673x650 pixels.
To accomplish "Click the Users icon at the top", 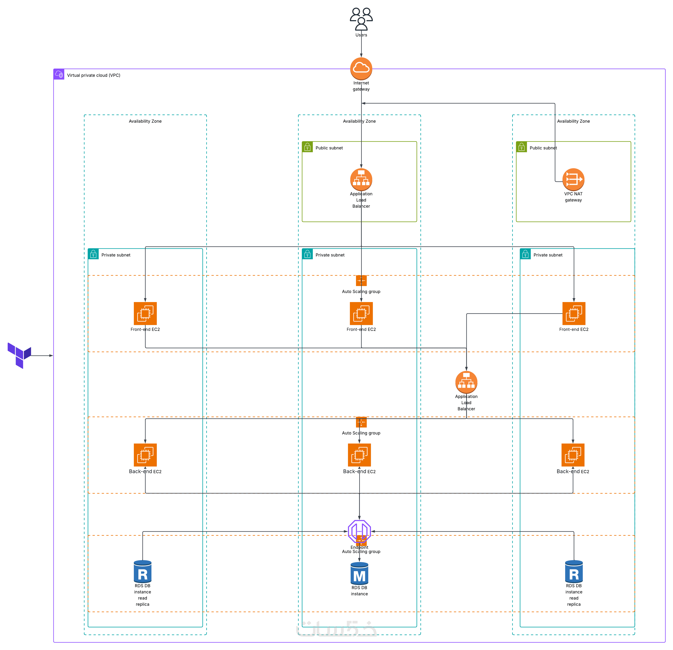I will pos(361,19).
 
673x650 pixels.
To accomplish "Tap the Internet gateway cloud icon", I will pos(361,68).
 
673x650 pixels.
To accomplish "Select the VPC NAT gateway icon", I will pos(573,179).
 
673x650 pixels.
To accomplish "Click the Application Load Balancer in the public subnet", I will pos(361,179).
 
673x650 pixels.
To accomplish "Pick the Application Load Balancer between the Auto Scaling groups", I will pos(466,382).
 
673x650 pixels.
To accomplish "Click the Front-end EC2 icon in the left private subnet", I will pos(145,313).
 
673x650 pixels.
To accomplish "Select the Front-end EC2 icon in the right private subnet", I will pos(574,313).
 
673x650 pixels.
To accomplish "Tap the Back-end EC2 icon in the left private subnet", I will pos(145,455).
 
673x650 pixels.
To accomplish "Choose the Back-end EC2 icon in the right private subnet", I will pos(573,455).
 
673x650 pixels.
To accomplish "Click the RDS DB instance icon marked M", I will pos(359,573).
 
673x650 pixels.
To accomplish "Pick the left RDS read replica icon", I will pos(142,571).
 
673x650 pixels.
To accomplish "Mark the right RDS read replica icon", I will pos(574,571).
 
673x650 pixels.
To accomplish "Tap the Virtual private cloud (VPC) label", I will pos(93,75).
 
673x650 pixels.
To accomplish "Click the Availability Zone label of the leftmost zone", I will pos(145,121).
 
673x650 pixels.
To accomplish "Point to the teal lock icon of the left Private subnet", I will pos(93,254).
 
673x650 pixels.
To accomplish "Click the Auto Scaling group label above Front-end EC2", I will pos(361,292).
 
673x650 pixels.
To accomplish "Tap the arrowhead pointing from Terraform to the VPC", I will pos(51,355).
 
